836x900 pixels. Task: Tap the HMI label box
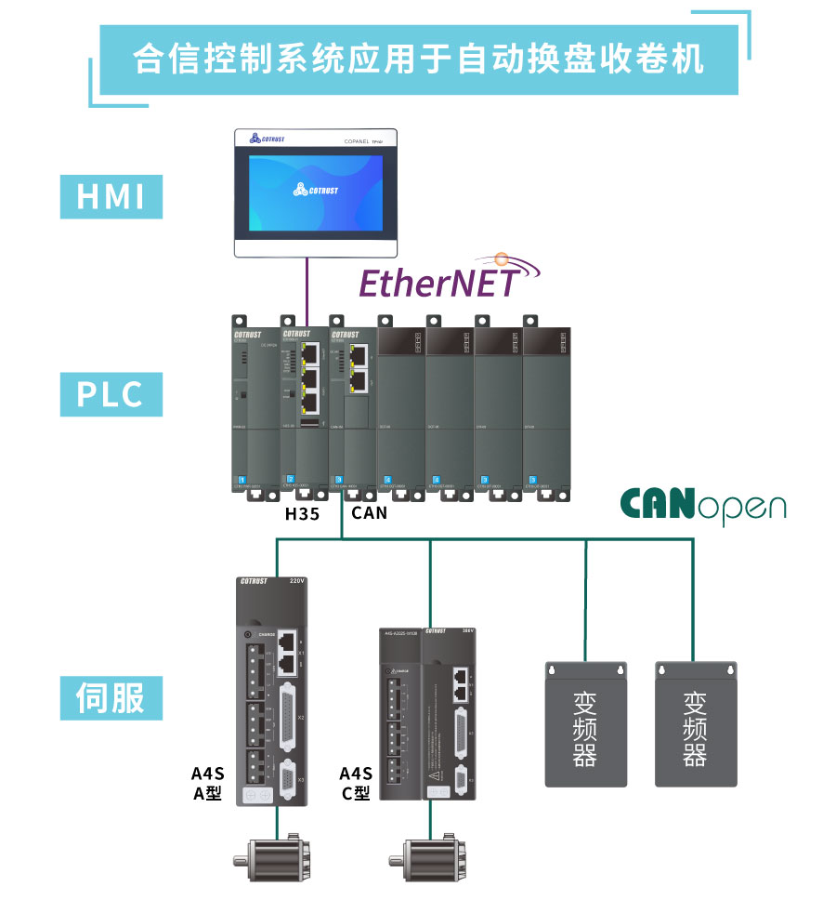coord(111,196)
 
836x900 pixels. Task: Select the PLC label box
coord(111,394)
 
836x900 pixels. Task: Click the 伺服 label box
coord(111,697)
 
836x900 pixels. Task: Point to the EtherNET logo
coord(437,279)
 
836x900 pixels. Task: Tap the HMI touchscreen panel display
coord(315,192)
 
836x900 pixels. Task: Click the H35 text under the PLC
coord(302,512)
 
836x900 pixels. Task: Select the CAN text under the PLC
coord(369,512)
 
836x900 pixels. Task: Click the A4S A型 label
coord(207,784)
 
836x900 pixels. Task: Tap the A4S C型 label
coord(355,784)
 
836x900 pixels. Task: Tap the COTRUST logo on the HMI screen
coord(316,190)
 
